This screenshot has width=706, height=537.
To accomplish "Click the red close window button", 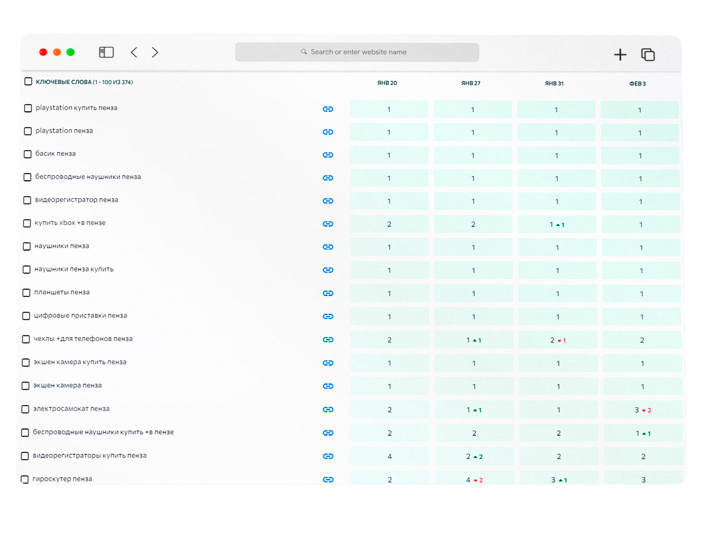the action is (x=43, y=52).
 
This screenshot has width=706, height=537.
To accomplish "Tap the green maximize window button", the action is (x=70, y=52).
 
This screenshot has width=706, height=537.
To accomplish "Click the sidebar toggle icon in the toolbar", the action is (x=106, y=52).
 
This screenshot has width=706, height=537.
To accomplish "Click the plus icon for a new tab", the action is (x=620, y=55).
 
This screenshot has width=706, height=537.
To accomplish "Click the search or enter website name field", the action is (x=357, y=52).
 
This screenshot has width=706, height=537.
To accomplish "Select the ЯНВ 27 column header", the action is (x=470, y=83).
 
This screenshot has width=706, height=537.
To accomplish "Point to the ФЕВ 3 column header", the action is (x=637, y=83).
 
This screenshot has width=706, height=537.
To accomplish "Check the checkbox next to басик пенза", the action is (x=28, y=154).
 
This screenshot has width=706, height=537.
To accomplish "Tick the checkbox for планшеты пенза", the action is (x=26, y=293).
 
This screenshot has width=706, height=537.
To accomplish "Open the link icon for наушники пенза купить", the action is (x=328, y=270).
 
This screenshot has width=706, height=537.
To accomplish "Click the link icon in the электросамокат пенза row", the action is (x=328, y=410).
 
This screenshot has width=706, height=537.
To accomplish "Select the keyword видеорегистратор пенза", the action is (x=77, y=199).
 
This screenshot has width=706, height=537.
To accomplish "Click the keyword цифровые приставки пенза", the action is (x=81, y=315).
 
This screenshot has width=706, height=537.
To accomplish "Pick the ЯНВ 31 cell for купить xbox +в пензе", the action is (x=557, y=224).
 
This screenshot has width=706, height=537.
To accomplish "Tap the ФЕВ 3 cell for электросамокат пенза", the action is (x=642, y=410).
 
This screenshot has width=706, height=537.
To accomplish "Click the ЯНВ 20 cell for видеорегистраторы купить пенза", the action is (x=389, y=456).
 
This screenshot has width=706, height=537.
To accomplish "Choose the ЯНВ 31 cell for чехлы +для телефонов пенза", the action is (x=558, y=340).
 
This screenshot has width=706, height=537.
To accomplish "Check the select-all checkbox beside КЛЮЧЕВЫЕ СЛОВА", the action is (x=28, y=81).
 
